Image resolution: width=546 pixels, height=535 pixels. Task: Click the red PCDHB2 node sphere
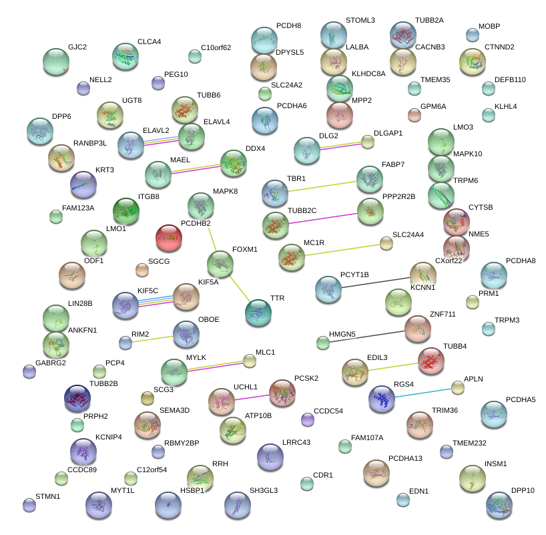pyautogui.click(x=169, y=236)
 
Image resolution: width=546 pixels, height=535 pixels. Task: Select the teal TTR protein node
pyautogui.click(x=258, y=312)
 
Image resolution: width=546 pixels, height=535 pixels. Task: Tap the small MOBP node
pyautogui.click(x=472, y=35)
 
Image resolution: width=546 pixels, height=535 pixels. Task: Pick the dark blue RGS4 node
pyautogui.click(x=382, y=398)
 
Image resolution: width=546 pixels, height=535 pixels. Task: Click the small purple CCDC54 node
pyautogui.click(x=307, y=419)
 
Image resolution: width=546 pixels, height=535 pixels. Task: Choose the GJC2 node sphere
pyautogui.click(x=56, y=61)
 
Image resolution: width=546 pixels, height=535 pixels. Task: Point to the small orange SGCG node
pyautogui.click(x=142, y=270)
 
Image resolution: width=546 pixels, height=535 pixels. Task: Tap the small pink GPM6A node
pyautogui.click(x=415, y=114)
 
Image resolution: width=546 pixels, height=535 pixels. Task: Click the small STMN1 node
pyautogui.click(x=29, y=505)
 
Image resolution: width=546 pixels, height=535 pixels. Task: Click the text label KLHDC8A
pyautogui.click(x=368, y=73)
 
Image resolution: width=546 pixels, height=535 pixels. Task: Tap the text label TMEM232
pyautogui.click(x=470, y=443)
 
